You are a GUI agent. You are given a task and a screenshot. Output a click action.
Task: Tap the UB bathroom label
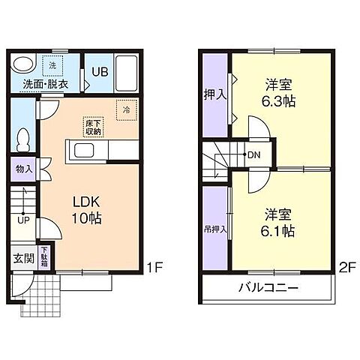coord(99,72)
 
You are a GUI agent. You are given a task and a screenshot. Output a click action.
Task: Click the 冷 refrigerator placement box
coord(125,108)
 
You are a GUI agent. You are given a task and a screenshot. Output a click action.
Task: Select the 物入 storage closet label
coord(23,169)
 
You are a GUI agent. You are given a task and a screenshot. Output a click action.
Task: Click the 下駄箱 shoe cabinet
coord(43,257)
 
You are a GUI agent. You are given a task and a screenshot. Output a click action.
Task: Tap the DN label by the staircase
coord(254,156)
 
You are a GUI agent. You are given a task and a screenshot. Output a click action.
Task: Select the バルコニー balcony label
coord(269,288)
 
